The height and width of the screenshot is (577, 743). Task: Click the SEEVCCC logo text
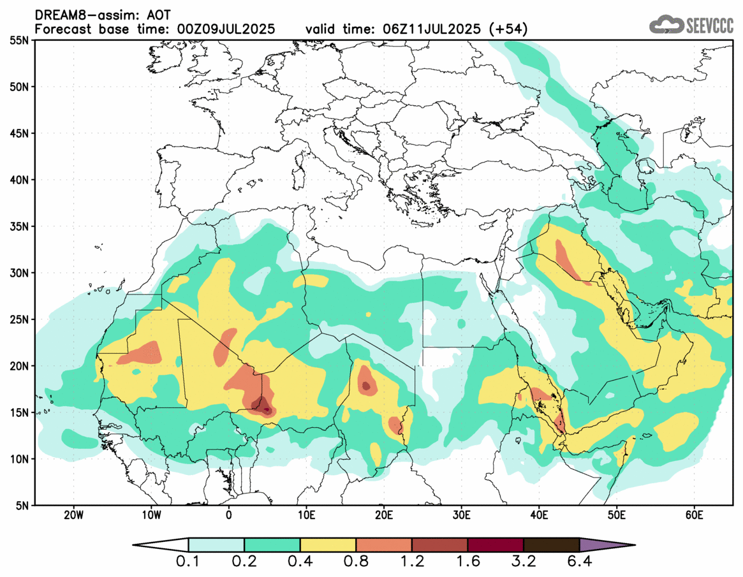[x=709, y=26]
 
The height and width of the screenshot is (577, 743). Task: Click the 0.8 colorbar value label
[x=357, y=562]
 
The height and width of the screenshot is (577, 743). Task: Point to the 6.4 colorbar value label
[x=579, y=562]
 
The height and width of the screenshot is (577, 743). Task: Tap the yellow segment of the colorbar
[x=328, y=545]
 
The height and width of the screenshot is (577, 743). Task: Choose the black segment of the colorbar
[x=551, y=545]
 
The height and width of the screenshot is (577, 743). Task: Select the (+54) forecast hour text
[x=508, y=29]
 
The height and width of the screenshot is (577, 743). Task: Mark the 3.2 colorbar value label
[x=524, y=562]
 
